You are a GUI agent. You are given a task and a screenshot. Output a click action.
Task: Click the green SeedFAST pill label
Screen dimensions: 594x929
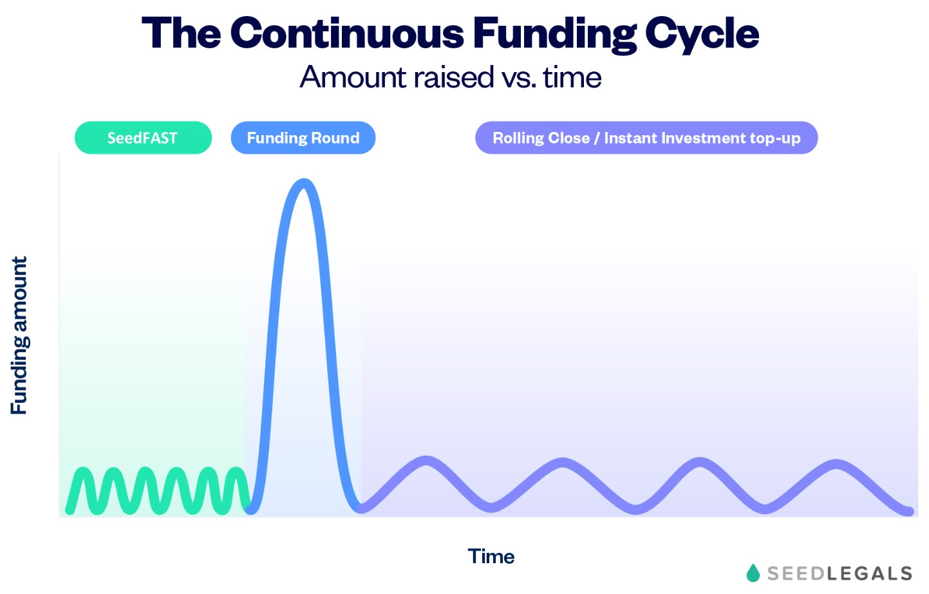coord(143,138)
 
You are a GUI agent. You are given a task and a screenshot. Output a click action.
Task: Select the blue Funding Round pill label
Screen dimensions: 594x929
coord(303,138)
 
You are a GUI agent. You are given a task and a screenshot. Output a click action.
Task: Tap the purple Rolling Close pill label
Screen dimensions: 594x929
coord(646,138)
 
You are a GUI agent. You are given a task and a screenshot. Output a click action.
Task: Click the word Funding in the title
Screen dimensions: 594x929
coord(554,33)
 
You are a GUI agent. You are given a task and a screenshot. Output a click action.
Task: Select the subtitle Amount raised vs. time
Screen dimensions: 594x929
coord(451,77)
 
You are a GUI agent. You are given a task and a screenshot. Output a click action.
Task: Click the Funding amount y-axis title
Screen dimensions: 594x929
coord(19,335)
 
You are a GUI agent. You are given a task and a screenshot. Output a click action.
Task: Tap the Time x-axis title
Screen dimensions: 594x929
coord(491,557)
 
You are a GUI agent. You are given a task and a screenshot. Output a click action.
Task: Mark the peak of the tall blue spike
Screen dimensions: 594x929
coord(303,183)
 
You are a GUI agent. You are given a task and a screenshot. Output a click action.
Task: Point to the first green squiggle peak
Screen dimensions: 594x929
coord(83,472)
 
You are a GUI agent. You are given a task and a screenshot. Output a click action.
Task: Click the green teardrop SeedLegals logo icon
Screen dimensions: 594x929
coord(753,572)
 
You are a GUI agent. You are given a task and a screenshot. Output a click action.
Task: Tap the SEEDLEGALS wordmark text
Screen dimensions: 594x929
coord(840,573)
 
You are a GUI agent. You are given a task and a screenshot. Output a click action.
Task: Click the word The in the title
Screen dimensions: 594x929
coord(181,33)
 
